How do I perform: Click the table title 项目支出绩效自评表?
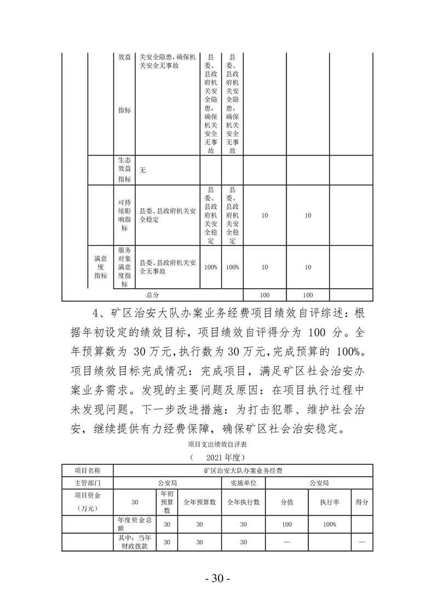coord(217,444)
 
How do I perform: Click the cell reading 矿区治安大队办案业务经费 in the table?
coord(243,470)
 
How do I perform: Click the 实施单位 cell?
coord(243,483)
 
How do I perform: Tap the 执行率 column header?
coord(329,502)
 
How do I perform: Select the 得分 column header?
coord(362,502)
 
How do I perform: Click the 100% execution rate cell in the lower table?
coord(329,525)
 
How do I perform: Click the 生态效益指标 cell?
coord(124,169)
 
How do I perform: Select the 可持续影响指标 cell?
coord(124,215)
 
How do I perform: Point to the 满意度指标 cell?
coord(100,266)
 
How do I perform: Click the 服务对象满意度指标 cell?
coord(124,266)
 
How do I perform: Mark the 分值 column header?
coord(287,502)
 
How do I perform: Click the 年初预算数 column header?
coord(168,502)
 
